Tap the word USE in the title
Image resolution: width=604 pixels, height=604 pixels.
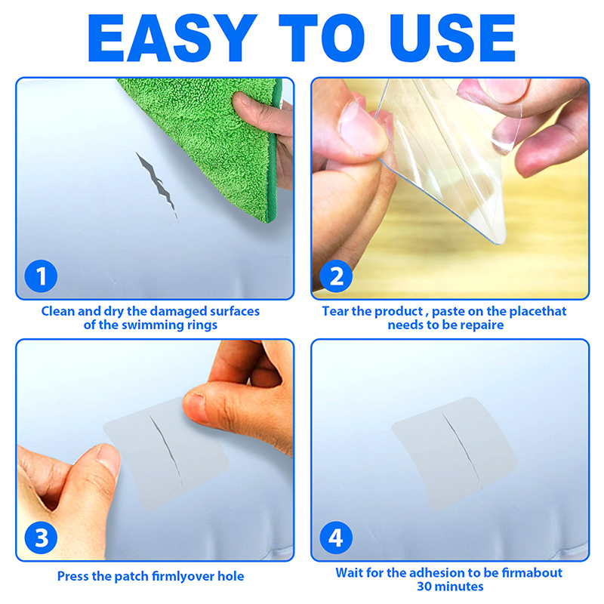(452, 38)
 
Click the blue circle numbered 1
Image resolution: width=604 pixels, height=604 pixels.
(41, 276)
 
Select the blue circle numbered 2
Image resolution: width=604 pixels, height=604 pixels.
(336, 276)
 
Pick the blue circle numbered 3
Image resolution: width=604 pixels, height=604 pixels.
(41, 538)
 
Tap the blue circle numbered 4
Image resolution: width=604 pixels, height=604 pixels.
(336, 538)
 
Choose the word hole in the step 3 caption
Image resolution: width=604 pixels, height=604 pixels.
(230, 576)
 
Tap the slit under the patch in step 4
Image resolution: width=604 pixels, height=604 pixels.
(462, 451)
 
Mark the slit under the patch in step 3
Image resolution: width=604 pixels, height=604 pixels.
(165, 449)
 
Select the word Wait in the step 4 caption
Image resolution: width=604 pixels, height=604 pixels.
(350, 573)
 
